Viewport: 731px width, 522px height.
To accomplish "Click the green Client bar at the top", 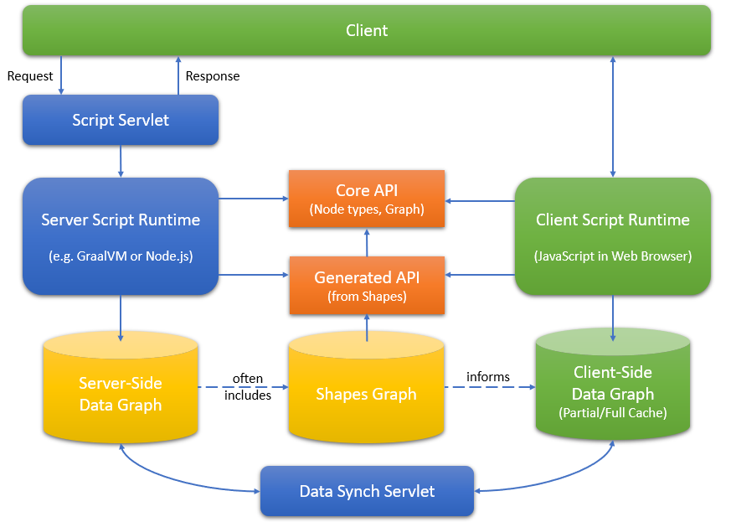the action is pos(367,30).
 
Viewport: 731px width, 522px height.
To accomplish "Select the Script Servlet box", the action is pos(121,120).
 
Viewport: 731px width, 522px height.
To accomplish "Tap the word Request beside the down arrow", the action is pos(30,76).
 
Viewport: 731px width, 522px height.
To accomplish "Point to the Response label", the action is pos(213,76).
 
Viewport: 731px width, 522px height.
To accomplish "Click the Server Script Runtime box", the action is pos(121,236).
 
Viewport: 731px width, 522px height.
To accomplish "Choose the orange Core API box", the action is pos(367,199).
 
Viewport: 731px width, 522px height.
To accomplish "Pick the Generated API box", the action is pos(367,286).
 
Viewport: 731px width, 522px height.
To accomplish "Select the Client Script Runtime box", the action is pos(613,236).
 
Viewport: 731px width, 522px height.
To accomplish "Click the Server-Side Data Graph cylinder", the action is pos(121,387).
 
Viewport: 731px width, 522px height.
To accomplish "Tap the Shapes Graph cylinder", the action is pos(367,387).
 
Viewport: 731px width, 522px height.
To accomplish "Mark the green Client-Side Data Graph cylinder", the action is pos(613,385).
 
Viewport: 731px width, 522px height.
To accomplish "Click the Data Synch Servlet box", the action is pos(367,491).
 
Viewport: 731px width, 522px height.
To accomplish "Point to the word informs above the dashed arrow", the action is pos(488,376).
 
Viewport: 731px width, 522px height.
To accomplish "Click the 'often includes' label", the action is pos(248,387).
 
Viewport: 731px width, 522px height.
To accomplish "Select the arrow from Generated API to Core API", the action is pos(367,243).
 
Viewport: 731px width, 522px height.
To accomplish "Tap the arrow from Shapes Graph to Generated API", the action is pos(367,328).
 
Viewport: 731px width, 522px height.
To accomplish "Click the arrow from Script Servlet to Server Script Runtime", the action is pos(121,162).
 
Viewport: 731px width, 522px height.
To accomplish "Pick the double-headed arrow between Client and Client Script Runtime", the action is pos(613,117).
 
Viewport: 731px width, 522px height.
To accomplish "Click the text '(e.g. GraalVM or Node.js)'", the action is pos(121,256).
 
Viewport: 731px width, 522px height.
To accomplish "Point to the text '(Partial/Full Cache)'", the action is pos(613,413).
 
